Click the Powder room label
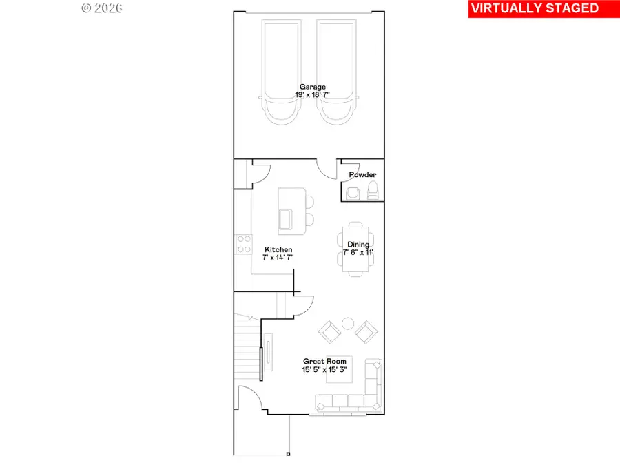[362, 174]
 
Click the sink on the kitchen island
[285, 220]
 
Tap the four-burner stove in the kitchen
[243, 243]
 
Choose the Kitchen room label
[278, 249]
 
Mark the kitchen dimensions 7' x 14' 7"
[278, 258]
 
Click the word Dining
[358, 245]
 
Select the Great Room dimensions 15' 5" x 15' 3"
[323, 369]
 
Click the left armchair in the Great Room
[329, 333]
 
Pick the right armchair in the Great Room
[366, 332]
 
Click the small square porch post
[288, 454]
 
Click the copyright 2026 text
[102, 8]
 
